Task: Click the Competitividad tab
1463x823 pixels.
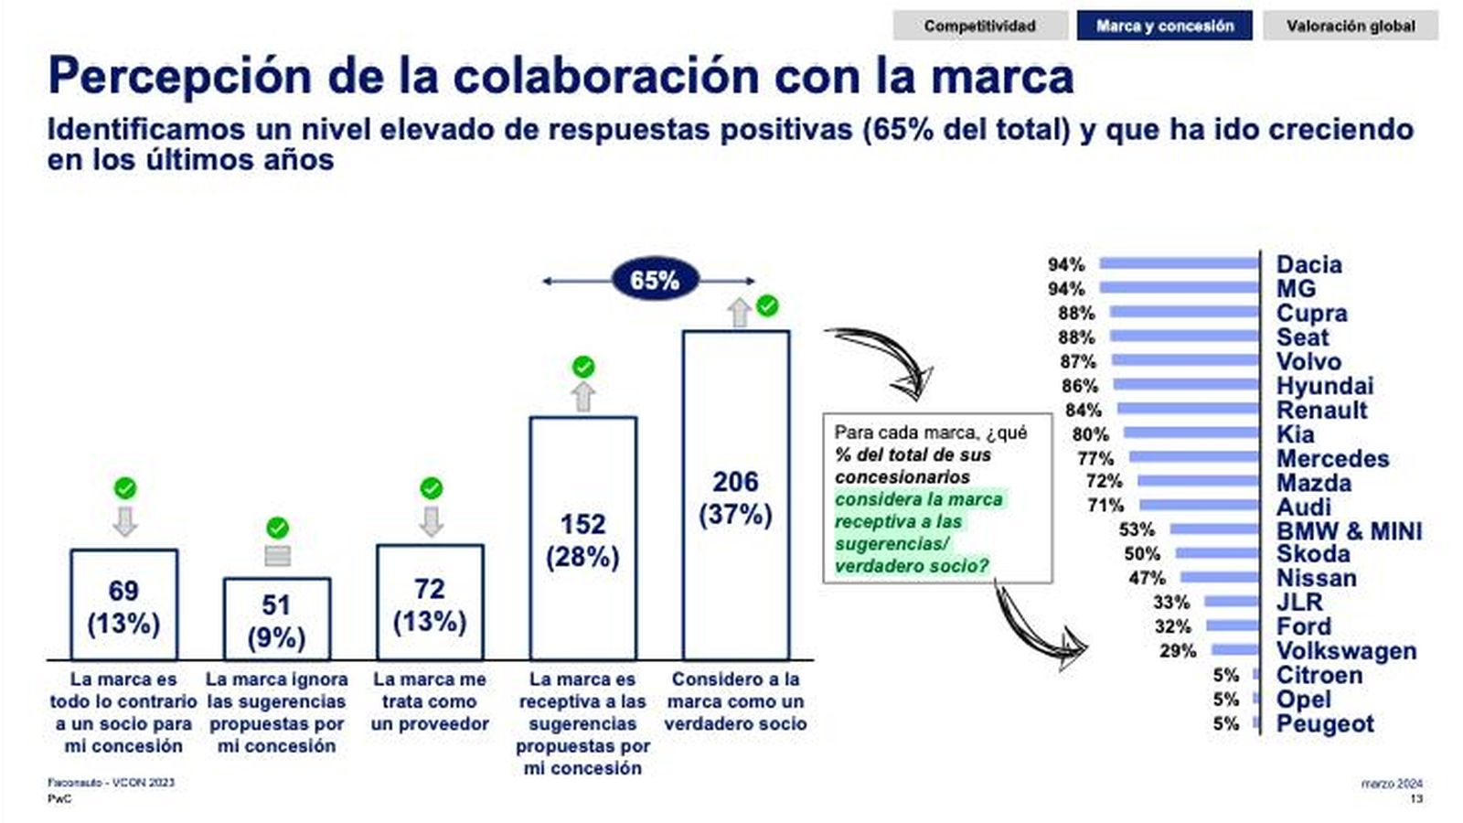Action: [x=979, y=26]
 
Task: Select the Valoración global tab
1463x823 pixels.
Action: [x=1350, y=26]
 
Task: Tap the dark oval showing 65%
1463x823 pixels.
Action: [x=655, y=280]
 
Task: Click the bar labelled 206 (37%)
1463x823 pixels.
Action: [x=736, y=495]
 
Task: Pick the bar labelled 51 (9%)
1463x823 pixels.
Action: [x=277, y=619]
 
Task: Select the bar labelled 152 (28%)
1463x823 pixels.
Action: [x=583, y=538]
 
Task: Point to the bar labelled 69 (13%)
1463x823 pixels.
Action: [x=124, y=604]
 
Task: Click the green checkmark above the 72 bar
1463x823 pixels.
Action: [x=431, y=488]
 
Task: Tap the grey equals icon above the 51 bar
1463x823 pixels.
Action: [x=277, y=555]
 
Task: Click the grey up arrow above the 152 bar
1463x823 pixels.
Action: [x=583, y=397]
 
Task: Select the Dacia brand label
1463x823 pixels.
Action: [x=1308, y=264]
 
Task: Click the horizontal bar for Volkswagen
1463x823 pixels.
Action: [x=1234, y=650]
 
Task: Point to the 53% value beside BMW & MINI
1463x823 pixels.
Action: [x=1137, y=529]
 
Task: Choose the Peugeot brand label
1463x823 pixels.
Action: [x=1325, y=723]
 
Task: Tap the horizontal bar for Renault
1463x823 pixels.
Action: [x=1188, y=409]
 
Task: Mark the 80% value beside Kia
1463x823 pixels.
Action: [x=1090, y=433]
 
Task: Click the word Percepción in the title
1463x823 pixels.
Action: [x=179, y=76]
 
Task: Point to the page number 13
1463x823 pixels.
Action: [x=1416, y=798]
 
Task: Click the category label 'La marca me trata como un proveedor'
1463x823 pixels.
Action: [x=430, y=701]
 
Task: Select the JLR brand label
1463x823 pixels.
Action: [x=1299, y=602]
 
